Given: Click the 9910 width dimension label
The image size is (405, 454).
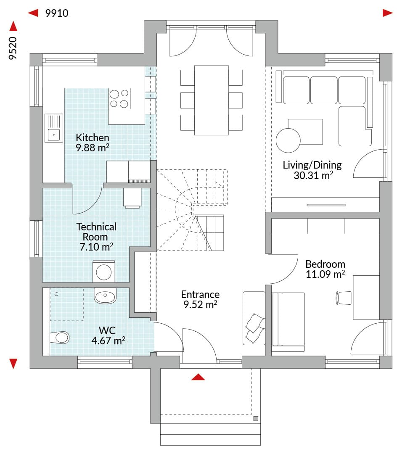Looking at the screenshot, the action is tap(57, 13).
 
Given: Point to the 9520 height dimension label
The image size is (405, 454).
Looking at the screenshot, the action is tap(13, 48).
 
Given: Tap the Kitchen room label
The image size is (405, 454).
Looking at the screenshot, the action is tap(93, 137).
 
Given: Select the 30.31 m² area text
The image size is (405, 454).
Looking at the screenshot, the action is tap(313, 175).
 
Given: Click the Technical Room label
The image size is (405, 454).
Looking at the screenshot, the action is tap(96, 232).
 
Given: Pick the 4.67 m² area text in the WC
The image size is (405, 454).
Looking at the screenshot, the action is tap(109, 340).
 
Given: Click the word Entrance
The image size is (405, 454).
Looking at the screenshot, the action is tap(200, 294).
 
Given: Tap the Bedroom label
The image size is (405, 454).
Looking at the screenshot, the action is tap(326, 264).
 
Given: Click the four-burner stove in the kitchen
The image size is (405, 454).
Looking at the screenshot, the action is tap(119, 98).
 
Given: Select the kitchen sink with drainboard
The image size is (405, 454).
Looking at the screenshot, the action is tap(54, 128).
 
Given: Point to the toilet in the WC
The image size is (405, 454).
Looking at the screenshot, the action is tap(60, 337).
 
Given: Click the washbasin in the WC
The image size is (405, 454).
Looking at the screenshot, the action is tap(105, 296).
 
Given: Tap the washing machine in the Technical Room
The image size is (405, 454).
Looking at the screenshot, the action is tap(104, 272).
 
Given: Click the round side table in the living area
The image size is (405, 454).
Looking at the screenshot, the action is tap(288, 140).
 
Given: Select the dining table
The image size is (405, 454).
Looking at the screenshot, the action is tap(212, 100).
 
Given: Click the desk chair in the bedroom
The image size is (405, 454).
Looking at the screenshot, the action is tap(344, 298).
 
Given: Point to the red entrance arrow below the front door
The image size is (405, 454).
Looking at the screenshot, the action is tap(198, 377).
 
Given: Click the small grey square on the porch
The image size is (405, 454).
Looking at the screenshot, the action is tap(256, 418).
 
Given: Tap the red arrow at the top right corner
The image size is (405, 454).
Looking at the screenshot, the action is tap(388, 13).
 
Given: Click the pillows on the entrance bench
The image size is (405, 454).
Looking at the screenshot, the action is tap(254, 328).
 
